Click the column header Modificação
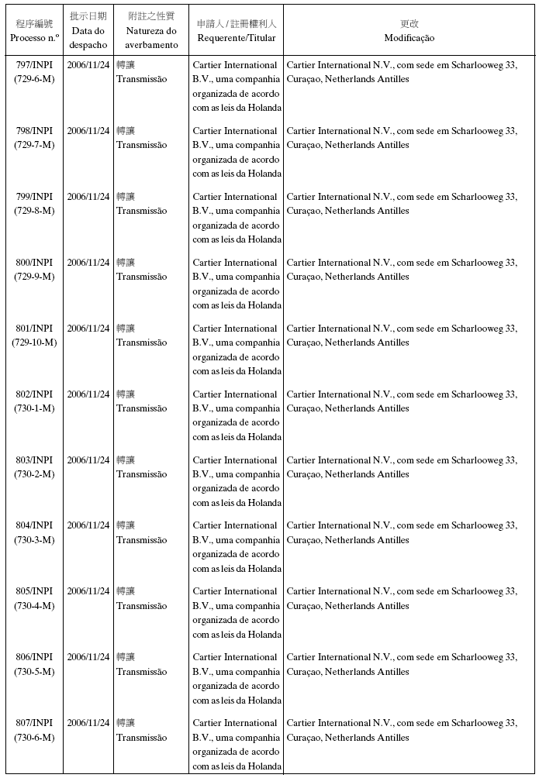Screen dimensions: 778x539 409,38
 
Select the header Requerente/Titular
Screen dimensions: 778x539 236,38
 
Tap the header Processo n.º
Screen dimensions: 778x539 34,38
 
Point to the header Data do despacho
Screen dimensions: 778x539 88,38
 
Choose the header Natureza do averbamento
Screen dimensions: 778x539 151,38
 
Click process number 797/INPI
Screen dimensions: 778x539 34,66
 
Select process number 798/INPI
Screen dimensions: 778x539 34,132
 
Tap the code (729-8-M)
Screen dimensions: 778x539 34,211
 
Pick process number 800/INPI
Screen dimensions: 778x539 34,263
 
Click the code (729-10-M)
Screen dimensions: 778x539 34,343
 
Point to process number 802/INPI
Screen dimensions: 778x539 34,394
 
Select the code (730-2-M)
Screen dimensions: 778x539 34,474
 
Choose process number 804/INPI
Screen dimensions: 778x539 34,526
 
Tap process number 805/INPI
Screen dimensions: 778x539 34,591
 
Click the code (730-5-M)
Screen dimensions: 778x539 34,672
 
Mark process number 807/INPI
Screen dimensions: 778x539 34,723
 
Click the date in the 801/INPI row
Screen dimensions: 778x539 88,329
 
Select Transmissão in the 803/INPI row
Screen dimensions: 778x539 141,474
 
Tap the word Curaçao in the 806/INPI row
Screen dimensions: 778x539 304,672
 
